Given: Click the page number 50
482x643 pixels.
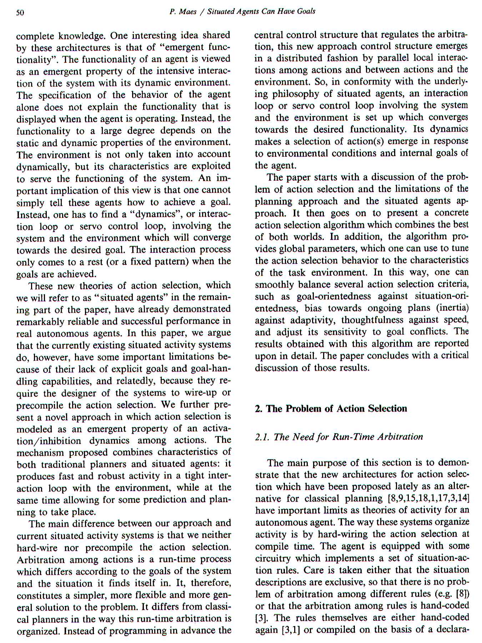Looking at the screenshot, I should tap(20, 13).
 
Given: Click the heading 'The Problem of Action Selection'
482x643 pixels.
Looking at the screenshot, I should tap(335, 408).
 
